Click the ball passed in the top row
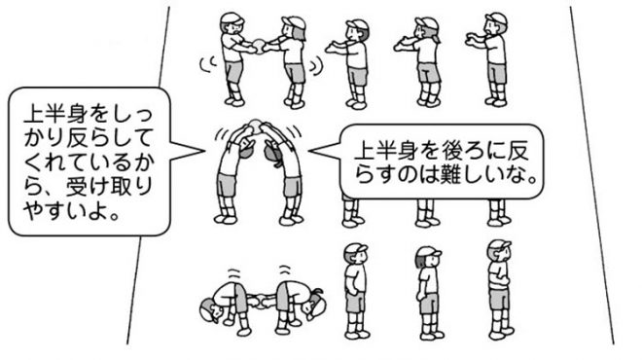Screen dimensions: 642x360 point(259,44)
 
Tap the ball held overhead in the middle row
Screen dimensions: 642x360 point(256,124)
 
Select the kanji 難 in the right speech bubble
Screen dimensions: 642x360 point(449,175)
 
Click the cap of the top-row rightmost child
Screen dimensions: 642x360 point(496,18)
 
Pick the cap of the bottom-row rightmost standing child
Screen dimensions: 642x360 point(500,245)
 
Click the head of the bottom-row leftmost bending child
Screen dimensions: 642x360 point(211,309)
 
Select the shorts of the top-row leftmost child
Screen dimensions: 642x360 point(233,71)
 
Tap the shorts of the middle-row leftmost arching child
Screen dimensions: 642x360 point(227,185)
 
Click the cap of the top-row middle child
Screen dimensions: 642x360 point(357,24)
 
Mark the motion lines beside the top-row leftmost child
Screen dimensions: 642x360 point(209,63)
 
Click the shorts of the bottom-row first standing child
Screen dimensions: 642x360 point(355,301)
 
